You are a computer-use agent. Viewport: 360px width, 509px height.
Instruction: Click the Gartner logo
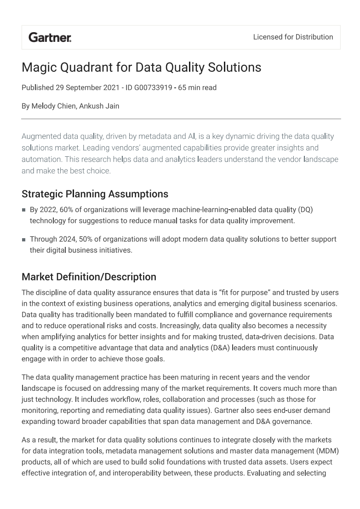(50, 37)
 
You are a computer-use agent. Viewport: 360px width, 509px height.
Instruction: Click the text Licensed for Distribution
(293, 37)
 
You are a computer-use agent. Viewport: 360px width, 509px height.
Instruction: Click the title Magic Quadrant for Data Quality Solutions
(141, 68)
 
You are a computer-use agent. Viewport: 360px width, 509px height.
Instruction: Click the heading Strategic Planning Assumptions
(95, 194)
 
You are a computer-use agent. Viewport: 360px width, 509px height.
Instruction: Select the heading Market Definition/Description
(89, 277)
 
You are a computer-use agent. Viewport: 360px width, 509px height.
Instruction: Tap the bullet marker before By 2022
(24, 210)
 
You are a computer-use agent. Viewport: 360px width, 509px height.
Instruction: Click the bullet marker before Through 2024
(24, 240)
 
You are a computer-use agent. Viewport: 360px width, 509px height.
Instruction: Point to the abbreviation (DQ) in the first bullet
(305, 210)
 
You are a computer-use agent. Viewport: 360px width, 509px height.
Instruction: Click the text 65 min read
(197, 87)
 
